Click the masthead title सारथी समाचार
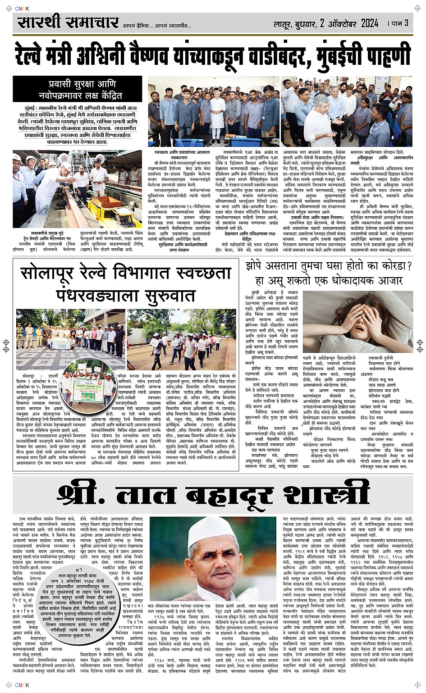pos(68,22)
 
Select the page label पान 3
pos(401,23)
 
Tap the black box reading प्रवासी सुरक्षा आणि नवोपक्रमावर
pos(80,89)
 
